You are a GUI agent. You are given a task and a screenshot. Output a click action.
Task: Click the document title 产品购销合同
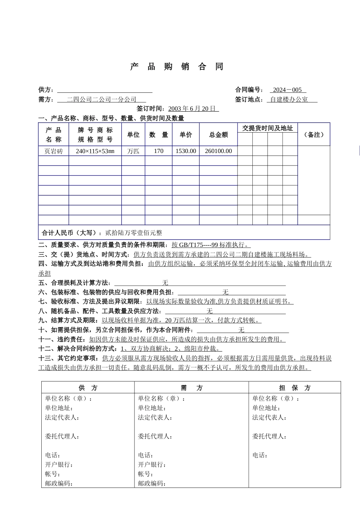pos(177,67)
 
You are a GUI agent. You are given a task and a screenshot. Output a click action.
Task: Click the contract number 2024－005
pos(287,90)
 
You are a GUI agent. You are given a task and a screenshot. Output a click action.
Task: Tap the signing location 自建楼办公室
pos(289,99)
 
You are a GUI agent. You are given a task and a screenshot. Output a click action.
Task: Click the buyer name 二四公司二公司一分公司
pos(102,99)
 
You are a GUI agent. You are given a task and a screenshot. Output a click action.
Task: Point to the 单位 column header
pos(133,135)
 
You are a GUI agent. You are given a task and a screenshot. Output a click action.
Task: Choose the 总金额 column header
pos(218,135)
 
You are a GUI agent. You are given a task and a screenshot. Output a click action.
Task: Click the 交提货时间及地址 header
pos(267,128)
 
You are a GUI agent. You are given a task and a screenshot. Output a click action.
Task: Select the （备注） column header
pos(314,135)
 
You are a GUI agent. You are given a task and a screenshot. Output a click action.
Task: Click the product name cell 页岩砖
pos(53,151)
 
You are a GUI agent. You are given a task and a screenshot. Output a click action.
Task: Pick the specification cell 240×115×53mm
pos(95,151)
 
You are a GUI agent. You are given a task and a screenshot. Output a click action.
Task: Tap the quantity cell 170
pos(158,151)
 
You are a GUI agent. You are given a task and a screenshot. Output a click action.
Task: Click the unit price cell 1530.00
pos(186,151)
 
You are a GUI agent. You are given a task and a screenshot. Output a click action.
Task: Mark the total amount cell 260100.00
pos(218,151)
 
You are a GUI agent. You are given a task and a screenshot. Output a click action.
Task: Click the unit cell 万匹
pos(133,151)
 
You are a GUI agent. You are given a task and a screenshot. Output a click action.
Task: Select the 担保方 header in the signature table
pos(294,388)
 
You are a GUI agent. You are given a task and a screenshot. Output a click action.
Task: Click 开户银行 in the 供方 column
pos(59,465)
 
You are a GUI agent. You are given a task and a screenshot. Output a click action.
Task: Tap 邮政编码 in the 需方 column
pos(152,483)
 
